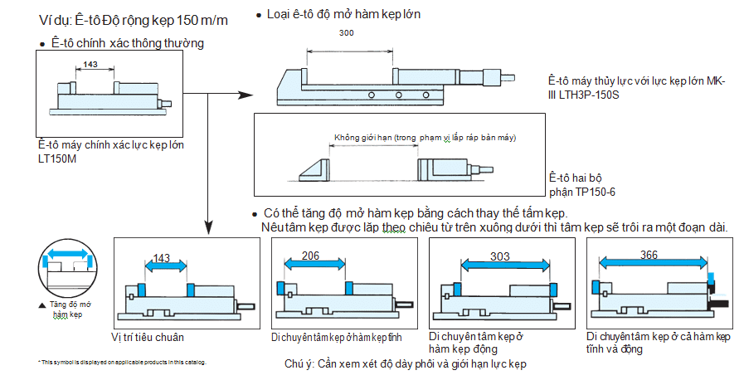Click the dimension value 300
pyautogui.click(x=347, y=32)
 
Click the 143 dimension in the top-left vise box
pyautogui.click(x=91, y=64)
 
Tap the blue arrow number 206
pyautogui.click(x=311, y=256)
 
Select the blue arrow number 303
pyautogui.click(x=500, y=256)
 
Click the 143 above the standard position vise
pyautogui.click(x=163, y=259)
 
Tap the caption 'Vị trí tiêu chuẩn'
pyautogui.click(x=148, y=338)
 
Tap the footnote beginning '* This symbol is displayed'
pyautogui.click(x=122, y=363)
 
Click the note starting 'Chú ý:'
pyautogui.click(x=406, y=364)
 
